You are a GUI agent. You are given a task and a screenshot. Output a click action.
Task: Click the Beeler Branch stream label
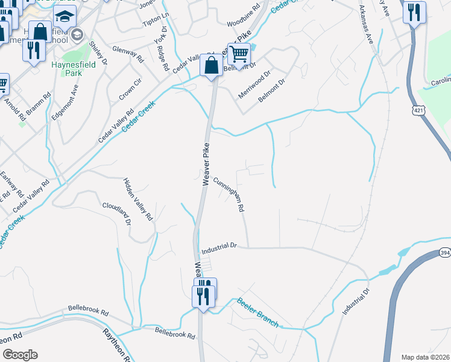(x=257, y=312)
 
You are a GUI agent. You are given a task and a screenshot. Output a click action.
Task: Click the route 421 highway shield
(x=419, y=110)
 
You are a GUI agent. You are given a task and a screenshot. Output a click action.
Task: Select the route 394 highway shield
(x=444, y=252)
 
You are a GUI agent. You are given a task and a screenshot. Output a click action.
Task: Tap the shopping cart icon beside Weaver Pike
(x=239, y=55)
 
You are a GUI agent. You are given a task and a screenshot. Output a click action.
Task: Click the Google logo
(x=20, y=355)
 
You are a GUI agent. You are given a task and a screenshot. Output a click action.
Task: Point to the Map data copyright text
(x=424, y=357)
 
